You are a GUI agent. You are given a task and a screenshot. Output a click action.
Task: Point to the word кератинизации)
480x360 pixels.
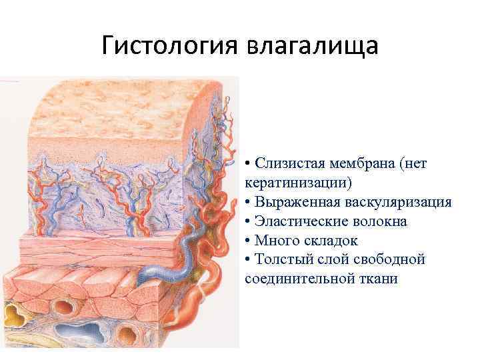click(x=298, y=183)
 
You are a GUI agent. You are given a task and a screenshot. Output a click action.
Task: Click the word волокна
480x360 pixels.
click(x=383, y=221)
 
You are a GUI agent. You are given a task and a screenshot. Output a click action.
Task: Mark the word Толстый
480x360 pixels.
click(x=283, y=259)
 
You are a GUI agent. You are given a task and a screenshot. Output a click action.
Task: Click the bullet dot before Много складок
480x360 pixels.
click(x=248, y=241)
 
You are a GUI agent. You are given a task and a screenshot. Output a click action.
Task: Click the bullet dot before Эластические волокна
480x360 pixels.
click(x=248, y=221)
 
